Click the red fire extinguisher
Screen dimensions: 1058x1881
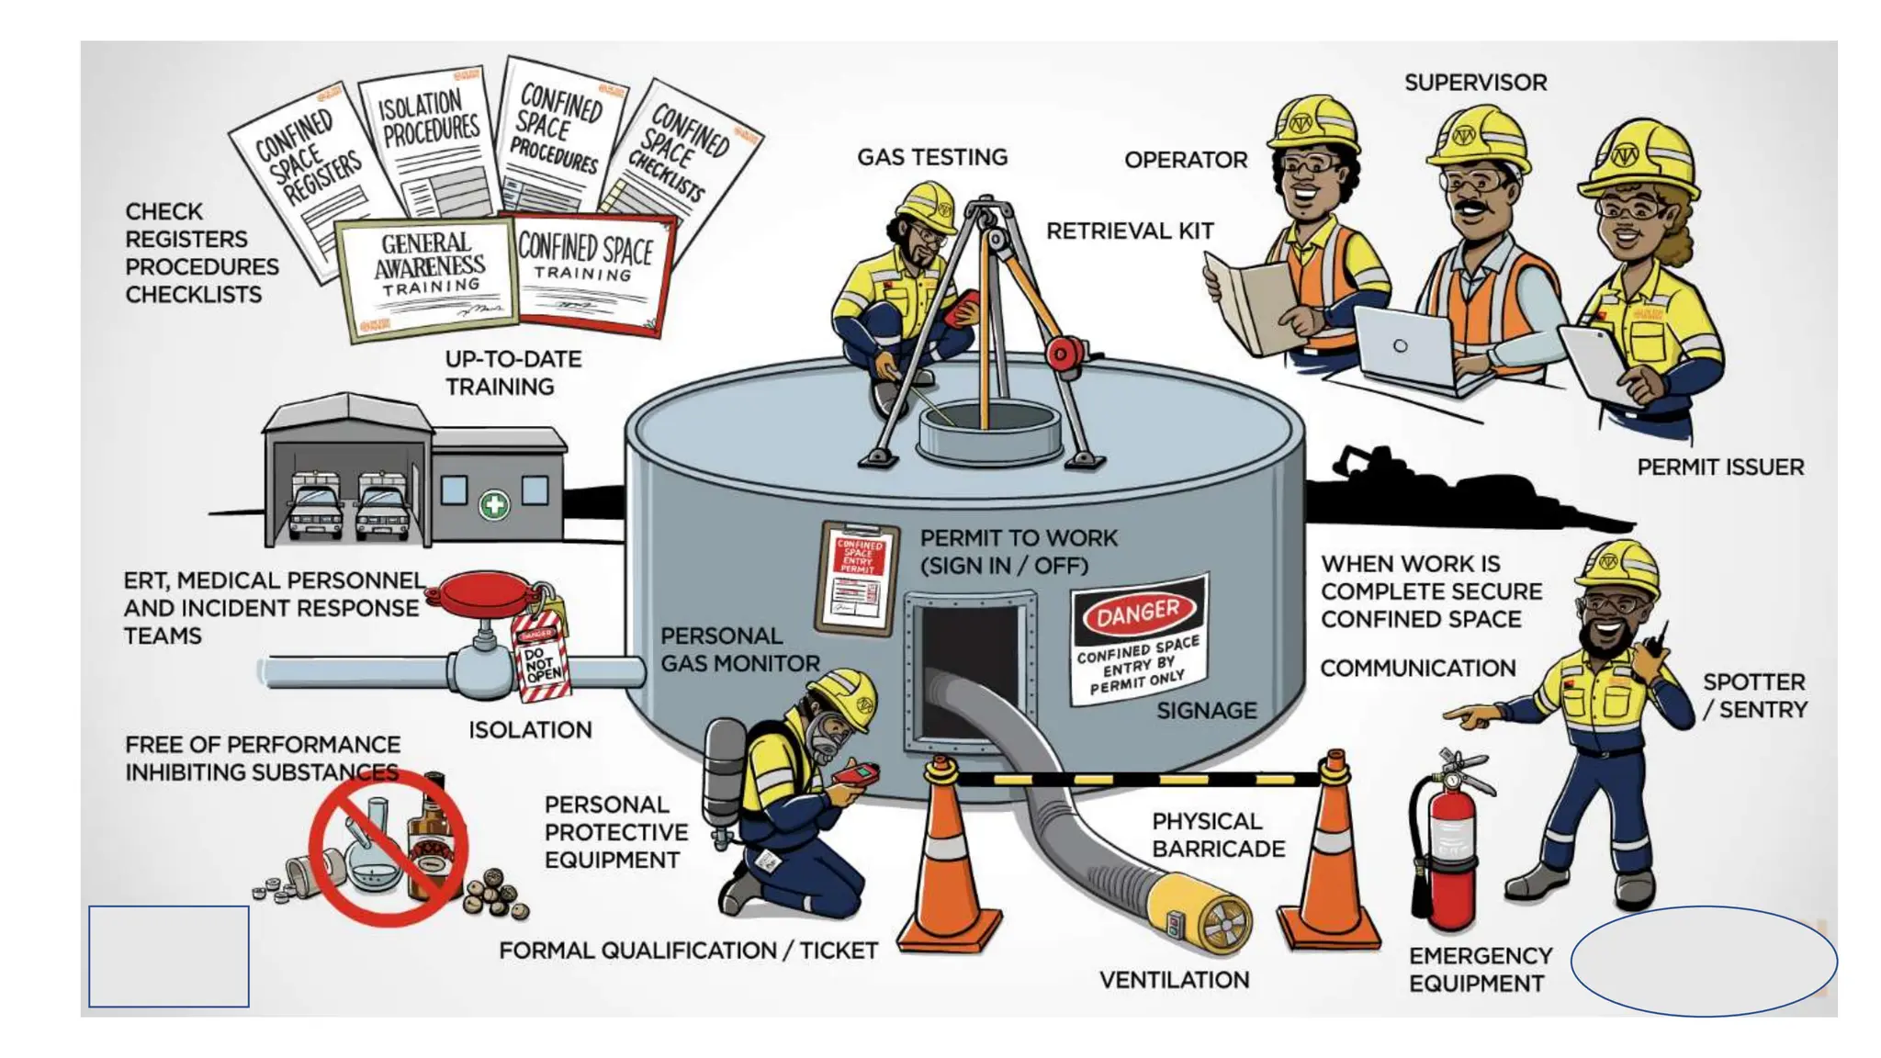[x=1447, y=845]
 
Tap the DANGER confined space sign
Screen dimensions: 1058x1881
[x=1139, y=641]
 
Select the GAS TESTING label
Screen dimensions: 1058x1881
[x=931, y=157]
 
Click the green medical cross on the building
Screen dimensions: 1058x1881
[x=494, y=504]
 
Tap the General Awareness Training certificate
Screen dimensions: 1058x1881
[x=428, y=276]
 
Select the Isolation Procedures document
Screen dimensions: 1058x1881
[x=430, y=138]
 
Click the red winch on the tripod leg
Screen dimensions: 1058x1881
[x=1065, y=354]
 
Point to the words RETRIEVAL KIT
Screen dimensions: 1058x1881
[x=1130, y=231]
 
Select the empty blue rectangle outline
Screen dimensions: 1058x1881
[x=169, y=956]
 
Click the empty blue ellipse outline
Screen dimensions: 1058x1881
[x=1703, y=961]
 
